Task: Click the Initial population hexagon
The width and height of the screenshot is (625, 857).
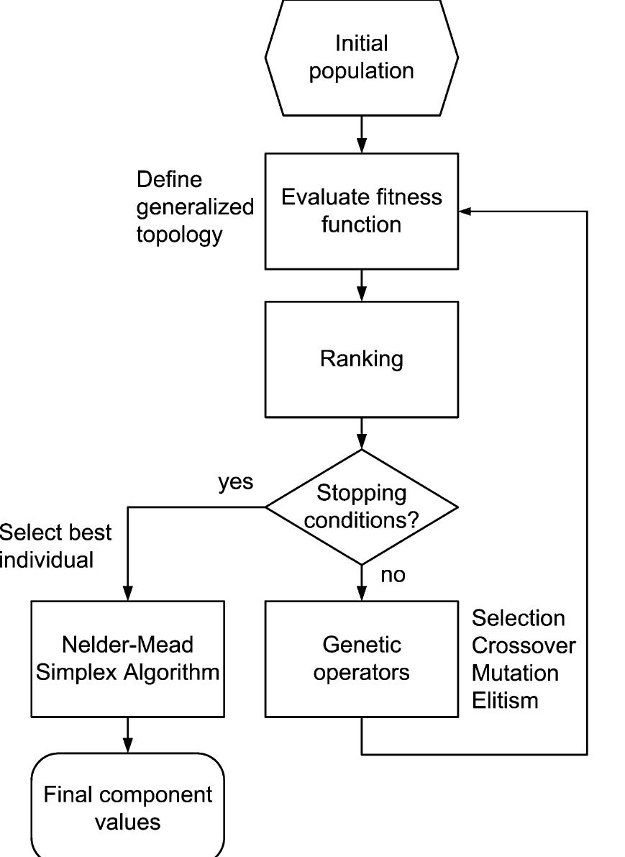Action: pos(361,58)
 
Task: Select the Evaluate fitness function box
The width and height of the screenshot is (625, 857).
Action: pos(361,211)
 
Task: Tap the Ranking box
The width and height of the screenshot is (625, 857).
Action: pos(361,359)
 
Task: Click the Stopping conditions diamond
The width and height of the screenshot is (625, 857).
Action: pos(361,507)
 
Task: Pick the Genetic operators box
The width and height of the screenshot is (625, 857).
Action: pos(361,658)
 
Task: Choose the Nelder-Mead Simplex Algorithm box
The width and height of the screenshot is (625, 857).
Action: pos(127,658)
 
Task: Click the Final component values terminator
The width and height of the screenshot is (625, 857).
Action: pos(127,807)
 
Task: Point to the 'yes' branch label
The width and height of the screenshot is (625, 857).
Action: pos(236,482)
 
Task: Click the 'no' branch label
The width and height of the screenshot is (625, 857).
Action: pos(392,575)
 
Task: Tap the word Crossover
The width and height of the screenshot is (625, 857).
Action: pos(523,645)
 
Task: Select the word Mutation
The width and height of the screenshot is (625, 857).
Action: pos(514,673)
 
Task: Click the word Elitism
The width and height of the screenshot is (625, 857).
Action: pos(505,700)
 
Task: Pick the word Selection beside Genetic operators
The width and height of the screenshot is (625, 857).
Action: pos(518,618)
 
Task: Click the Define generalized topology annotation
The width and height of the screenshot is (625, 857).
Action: pos(194,207)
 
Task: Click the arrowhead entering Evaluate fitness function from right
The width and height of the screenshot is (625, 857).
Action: pos(465,212)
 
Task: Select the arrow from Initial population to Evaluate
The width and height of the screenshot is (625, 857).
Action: pos(361,135)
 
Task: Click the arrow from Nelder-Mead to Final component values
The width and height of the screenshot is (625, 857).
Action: pos(127,735)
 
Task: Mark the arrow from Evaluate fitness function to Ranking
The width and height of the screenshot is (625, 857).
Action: pos(361,285)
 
